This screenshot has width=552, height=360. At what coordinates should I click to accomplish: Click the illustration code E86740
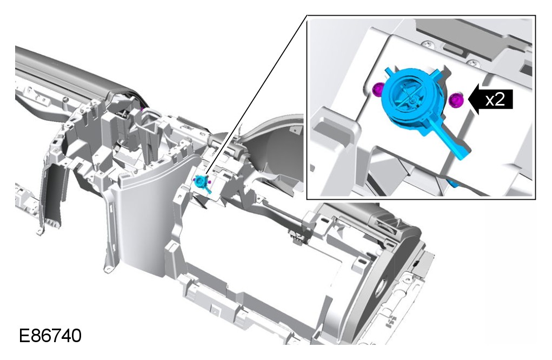(50, 336)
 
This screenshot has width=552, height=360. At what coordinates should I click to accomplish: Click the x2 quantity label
(495, 100)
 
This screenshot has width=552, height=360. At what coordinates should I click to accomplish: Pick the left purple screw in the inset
(377, 89)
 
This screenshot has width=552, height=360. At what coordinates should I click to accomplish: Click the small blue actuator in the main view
(202, 183)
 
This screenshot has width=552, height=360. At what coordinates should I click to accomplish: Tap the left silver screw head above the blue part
(427, 44)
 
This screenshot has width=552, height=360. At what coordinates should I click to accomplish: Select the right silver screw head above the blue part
(473, 63)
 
